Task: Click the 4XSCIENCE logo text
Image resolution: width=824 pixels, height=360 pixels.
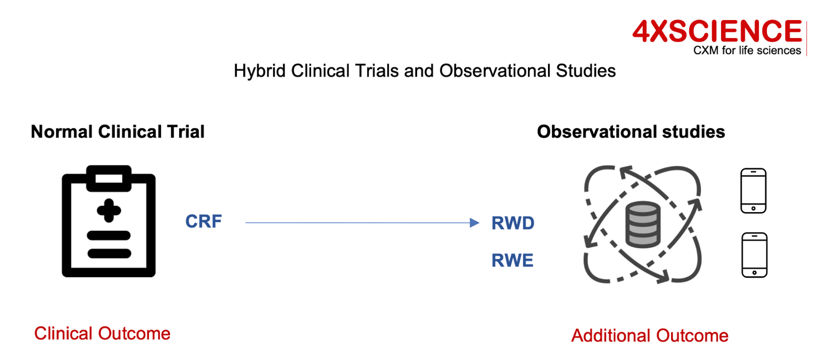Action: point(717,31)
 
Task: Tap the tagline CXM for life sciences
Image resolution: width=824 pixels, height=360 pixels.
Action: point(747,50)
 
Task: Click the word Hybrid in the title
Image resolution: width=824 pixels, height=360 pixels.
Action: point(260,72)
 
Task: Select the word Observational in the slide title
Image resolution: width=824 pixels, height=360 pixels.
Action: point(495,71)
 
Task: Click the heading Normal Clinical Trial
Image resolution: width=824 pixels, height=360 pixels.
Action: point(118,132)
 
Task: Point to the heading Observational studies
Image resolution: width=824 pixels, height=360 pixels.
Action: point(631,132)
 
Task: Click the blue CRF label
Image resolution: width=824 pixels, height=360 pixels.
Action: point(203,221)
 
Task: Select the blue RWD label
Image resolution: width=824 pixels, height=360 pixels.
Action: point(513,223)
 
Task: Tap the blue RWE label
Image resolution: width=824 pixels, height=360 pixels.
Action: point(512,261)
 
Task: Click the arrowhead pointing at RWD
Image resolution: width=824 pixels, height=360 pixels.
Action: point(474,222)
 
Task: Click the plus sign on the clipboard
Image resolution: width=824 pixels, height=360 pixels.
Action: point(109,211)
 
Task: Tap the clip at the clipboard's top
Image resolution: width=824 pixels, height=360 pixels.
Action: point(109,178)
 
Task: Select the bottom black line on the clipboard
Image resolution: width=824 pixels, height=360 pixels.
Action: point(109,253)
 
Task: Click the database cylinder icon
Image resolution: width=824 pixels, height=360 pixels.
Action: point(643,225)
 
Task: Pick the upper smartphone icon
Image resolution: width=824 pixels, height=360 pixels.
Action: point(753,191)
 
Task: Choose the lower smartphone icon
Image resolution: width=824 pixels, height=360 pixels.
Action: point(754,255)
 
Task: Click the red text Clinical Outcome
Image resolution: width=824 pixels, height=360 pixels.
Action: point(102,334)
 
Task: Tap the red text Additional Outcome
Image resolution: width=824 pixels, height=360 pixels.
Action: point(649,335)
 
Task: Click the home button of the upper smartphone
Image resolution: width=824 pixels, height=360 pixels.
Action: point(753,209)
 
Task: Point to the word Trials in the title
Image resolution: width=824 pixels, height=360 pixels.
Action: point(371,71)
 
